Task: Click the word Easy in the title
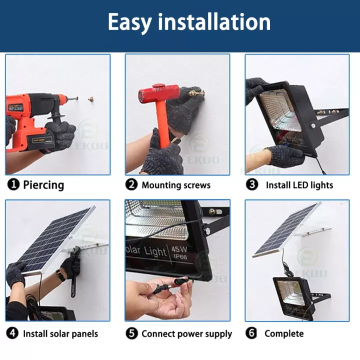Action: (x=130, y=22)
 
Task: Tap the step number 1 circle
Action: (x=13, y=184)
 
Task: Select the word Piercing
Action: (x=43, y=185)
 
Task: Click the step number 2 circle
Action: (x=131, y=184)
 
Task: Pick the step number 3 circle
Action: (x=252, y=184)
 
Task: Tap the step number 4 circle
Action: (x=12, y=333)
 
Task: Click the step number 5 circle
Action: (x=132, y=333)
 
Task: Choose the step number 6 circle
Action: (x=251, y=333)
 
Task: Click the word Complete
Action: (x=284, y=333)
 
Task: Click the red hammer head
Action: (x=159, y=93)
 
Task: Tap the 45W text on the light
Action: (x=179, y=249)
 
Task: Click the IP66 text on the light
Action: (x=180, y=256)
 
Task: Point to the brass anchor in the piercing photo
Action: (x=91, y=99)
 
